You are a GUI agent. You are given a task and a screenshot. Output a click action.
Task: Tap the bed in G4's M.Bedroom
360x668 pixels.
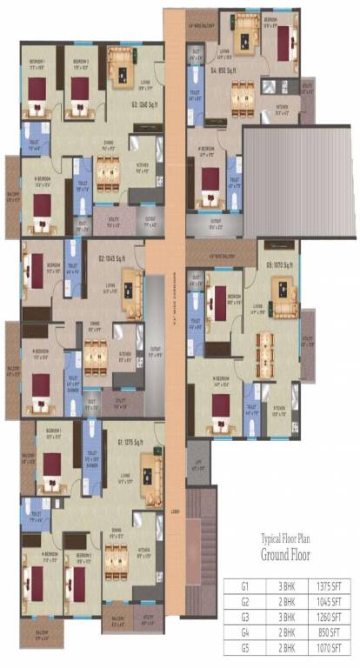pos(209,183)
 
